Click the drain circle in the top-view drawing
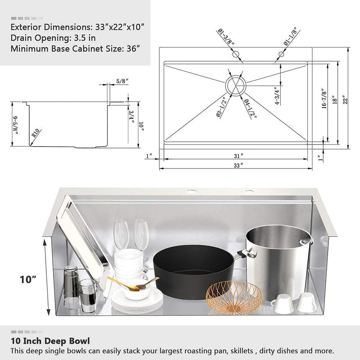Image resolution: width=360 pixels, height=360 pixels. click(x=234, y=85)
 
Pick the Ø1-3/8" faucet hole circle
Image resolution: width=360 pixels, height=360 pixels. click(x=235, y=54)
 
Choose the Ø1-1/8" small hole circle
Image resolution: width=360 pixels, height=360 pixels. click(x=282, y=54)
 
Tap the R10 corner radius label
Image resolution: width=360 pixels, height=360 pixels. click(x=36, y=134)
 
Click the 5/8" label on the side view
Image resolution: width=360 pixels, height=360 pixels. click(x=122, y=81)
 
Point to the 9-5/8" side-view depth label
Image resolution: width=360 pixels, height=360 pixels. click(x=16, y=125)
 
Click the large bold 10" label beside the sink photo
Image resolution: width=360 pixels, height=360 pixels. click(x=28, y=279)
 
